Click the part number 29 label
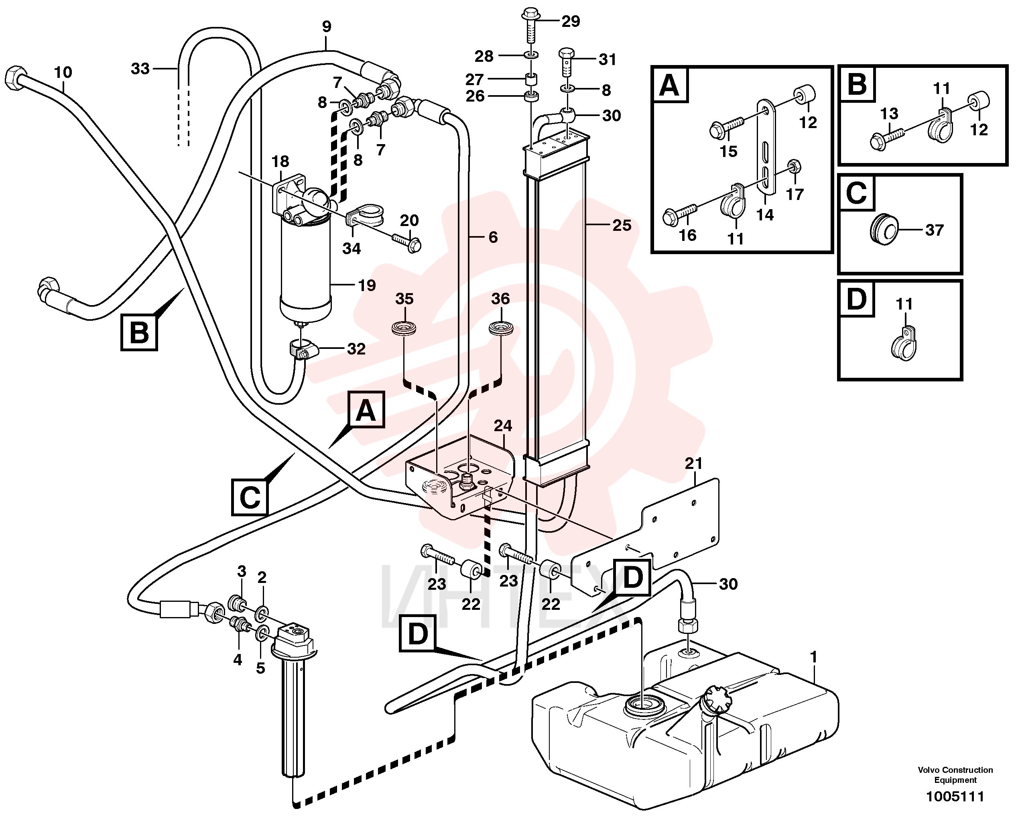tap(571, 22)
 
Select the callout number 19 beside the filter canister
tap(366, 285)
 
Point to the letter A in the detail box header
tap(669, 86)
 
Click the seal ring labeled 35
tap(404, 328)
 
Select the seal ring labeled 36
tap(500, 328)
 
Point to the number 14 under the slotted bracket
tap(765, 215)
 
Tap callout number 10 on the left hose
tap(63, 72)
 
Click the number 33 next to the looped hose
tap(140, 69)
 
